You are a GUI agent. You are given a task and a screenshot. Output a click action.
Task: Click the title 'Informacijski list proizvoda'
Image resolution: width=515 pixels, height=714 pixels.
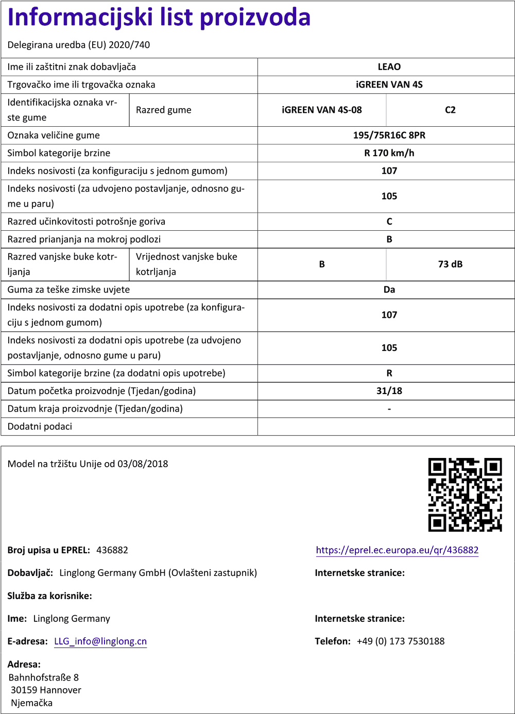point(159,18)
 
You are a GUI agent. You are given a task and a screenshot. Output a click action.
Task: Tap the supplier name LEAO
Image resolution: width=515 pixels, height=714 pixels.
point(389,67)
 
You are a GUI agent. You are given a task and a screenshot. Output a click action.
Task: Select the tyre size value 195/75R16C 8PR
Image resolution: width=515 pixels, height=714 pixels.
point(389,135)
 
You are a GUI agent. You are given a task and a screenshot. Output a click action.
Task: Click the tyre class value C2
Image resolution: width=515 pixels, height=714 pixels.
point(450,110)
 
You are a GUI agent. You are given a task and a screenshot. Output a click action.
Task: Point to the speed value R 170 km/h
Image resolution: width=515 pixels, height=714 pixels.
point(389,153)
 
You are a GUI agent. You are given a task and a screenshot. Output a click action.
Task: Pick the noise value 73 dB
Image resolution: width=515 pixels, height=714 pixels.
point(450,264)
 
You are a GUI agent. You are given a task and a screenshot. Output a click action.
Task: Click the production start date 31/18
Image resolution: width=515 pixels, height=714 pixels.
point(389,391)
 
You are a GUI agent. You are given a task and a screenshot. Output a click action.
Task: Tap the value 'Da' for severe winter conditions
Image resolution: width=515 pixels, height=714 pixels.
point(389,290)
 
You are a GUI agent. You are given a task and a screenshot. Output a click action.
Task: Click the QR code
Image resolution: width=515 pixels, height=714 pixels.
point(465,495)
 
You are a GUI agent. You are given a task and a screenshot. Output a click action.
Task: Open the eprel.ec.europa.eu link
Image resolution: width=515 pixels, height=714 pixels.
point(397,550)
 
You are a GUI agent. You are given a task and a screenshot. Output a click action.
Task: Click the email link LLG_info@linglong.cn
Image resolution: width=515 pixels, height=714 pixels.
point(100,641)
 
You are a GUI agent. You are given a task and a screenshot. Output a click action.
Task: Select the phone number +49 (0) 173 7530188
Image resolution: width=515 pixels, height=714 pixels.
point(400,641)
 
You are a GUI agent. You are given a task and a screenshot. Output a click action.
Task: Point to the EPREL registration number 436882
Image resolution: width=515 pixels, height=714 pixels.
point(112,550)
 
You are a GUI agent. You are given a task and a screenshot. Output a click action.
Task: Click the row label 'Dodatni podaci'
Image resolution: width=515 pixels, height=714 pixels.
point(40,427)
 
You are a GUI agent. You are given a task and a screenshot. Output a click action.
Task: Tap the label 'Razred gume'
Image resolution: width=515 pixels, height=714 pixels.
point(164,110)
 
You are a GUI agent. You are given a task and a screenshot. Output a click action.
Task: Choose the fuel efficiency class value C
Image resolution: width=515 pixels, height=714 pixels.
point(389,222)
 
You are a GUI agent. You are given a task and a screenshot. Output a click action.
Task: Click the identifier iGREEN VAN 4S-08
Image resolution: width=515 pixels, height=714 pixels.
point(322,110)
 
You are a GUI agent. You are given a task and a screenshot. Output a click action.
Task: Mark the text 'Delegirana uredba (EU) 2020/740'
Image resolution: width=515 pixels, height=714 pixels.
point(79,45)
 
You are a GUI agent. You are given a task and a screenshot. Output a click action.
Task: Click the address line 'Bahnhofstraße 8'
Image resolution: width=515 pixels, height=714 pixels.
point(44,677)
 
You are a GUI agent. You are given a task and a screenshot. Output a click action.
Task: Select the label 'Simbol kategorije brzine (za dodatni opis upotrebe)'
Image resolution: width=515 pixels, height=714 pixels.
point(116,373)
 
